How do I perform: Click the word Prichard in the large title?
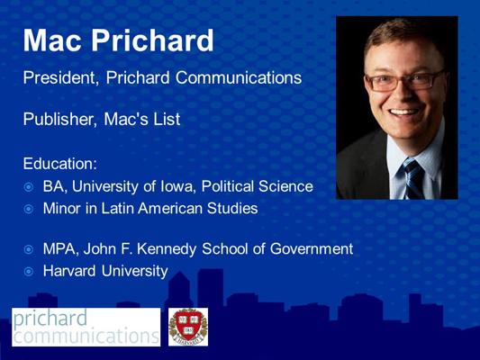click(154, 40)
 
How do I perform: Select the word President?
click(59, 78)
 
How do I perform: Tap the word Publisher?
click(58, 119)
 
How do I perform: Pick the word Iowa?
click(184, 187)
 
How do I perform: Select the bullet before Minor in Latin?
click(29, 210)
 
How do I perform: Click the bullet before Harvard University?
click(29, 271)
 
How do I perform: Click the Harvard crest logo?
click(187, 327)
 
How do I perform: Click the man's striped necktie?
click(412, 178)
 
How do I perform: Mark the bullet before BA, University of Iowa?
click(29, 188)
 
